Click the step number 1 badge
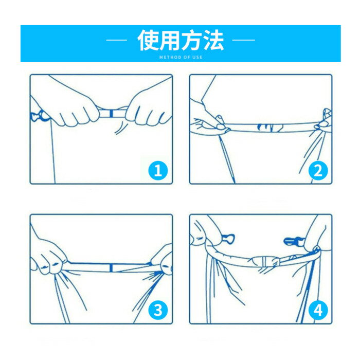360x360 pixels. click(x=158, y=170)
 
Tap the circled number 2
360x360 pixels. click(x=318, y=170)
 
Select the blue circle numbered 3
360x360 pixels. click(x=158, y=310)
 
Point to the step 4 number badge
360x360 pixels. click(x=318, y=310)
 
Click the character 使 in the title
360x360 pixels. click(x=148, y=40)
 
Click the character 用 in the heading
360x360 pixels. click(x=170, y=40)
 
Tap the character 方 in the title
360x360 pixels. click(x=192, y=40)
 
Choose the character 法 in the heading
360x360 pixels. click(x=213, y=40)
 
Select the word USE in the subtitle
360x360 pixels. click(x=197, y=57)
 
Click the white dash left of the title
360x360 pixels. click(x=116, y=40)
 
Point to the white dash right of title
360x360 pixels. click(x=244, y=40)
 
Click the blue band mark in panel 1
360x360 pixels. click(x=112, y=113)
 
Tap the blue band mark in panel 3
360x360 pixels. click(x=111, y=267)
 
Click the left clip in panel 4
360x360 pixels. click(x=228, y=240)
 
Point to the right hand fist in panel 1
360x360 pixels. click(x=148, y=107)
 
